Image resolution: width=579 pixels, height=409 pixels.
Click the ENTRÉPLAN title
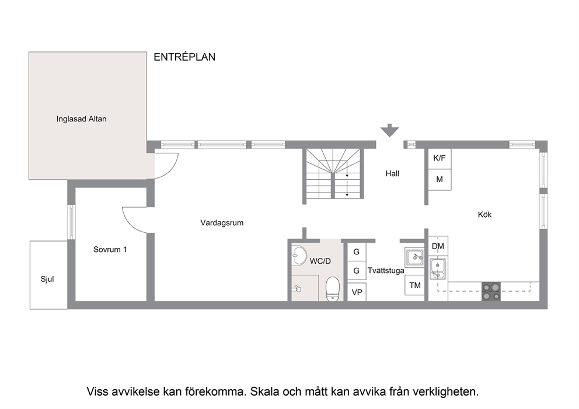(184, 57)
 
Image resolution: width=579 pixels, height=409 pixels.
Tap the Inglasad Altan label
(81, 119)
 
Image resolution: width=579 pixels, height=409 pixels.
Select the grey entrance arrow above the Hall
(390, 131)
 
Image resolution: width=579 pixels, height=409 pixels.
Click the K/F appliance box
(440, 159)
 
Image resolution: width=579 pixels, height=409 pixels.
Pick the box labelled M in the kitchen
(440, 180)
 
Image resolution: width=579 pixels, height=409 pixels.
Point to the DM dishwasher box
(438, 246)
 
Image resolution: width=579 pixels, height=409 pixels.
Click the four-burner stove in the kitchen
(491, 291)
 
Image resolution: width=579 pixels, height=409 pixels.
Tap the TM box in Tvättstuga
(414, 285)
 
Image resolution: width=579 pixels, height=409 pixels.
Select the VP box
(357, 292)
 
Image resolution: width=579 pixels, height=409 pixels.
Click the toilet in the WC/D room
(333, 289)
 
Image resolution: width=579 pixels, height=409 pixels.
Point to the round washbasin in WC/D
(299, 256)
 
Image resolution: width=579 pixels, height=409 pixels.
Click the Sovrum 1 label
(110, 250)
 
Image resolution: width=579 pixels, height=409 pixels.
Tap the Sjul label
(47, 279)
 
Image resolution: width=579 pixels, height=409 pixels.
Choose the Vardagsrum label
(222, 223)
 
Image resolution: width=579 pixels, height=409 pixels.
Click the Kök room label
(484, 215)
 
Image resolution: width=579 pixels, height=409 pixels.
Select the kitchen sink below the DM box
(438, 269)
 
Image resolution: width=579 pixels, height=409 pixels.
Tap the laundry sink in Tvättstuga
(414, 257)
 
